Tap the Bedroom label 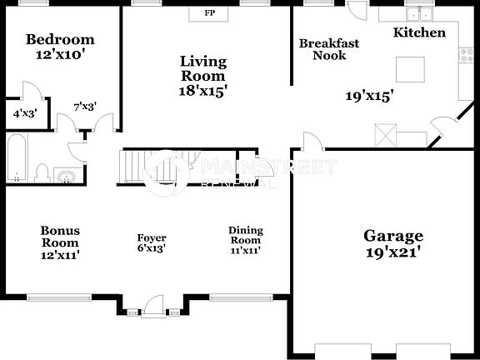pos(59,39)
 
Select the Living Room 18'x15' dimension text pos(204,91)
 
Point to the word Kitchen pos(418,33)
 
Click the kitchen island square pos(409,67)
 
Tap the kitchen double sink pos(417,13)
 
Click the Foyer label pos(152,242)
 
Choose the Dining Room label pos(245,240)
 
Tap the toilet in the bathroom pos(41,172)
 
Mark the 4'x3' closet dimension pos(24,113)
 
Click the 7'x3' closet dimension pos(85,107)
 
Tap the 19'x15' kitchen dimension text pos(369,96)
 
